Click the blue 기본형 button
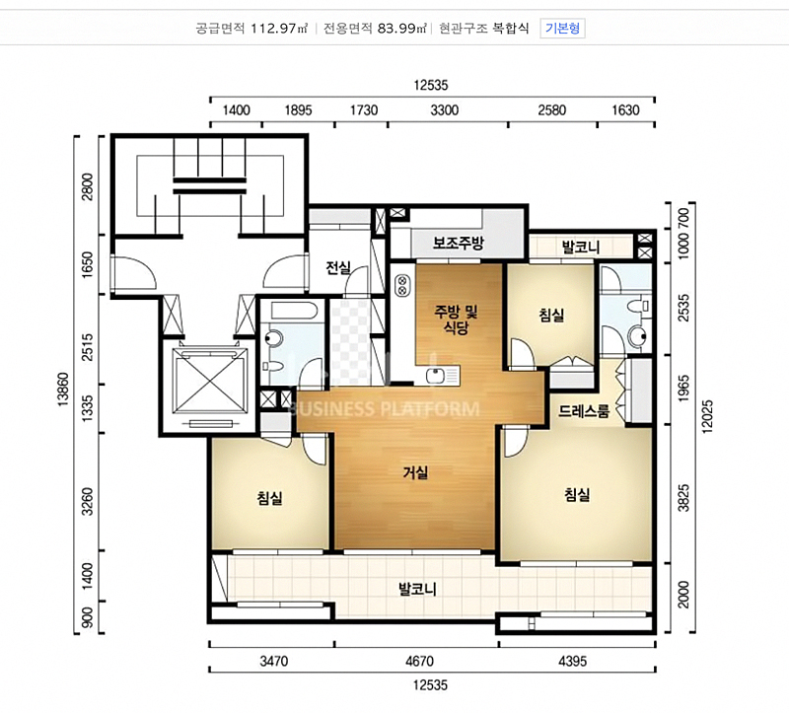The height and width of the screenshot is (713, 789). tap(562, 29)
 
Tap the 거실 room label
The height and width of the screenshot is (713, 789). tap(415, 472)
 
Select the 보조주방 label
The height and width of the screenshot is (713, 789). tap(459, 243)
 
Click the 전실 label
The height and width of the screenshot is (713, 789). tap(338, 267)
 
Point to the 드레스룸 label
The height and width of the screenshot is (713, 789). tap(584, 411)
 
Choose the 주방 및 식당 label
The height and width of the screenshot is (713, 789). tap(456, 321)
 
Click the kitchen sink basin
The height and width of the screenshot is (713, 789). tap(435, 376)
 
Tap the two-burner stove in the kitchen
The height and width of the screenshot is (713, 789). tap(402, 285)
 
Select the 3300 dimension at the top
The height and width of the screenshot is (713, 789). tap(445, 110)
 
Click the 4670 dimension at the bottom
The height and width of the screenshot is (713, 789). tap(419, 661)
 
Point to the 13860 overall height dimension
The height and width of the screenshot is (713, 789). tap(62, 389)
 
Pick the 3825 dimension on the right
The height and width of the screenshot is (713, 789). tap(683, 498)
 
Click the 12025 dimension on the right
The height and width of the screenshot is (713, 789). tap(707, 416)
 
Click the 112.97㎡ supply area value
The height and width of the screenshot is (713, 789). tap(279, 29)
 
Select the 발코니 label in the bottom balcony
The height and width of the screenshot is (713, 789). tap(417, 589)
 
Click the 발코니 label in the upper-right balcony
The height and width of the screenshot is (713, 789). tap(581, 248)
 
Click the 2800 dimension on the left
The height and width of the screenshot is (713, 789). tap(88, 186)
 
